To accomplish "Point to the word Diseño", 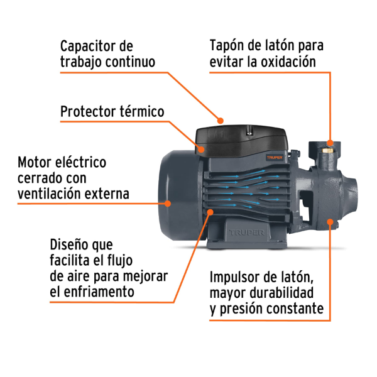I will [x=70, y=244].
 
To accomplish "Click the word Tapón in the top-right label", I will [x=227, y=46].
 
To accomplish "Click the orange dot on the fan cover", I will [x=168, y=202].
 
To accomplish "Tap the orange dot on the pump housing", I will [x=330, y=221].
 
